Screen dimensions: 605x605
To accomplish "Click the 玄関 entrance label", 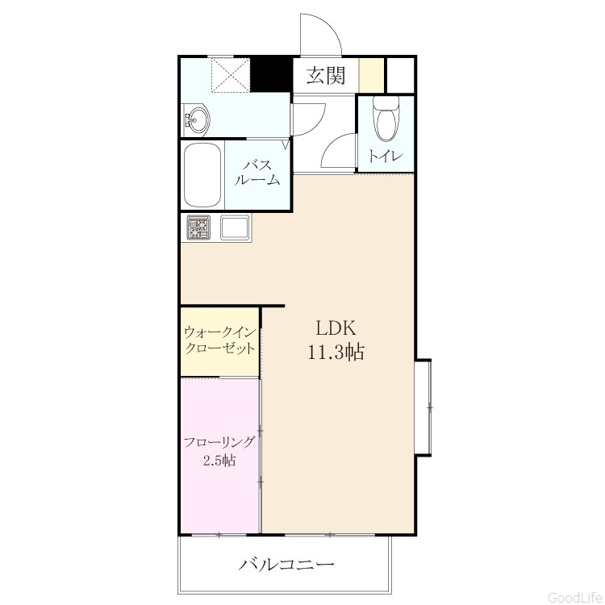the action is coord(325,76).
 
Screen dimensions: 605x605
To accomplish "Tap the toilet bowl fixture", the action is coord(386,119).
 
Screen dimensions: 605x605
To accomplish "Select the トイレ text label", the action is coord(386,156).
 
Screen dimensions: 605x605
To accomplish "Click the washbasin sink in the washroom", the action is coord(196,119).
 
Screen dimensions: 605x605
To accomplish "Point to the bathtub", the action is coord(202,176).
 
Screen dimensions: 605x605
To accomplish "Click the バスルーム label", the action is coord(257,173).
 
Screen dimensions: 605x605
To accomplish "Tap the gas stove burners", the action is coord(198,227).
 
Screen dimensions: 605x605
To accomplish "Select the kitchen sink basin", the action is coord(235,227).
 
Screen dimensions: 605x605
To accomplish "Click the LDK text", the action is coord(336,328).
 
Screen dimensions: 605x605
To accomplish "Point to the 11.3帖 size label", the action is coord(336,352).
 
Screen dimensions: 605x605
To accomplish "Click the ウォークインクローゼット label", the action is coord(220,340).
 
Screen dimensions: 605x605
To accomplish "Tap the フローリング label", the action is coord(219,442).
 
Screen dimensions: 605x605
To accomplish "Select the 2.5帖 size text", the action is coord(219,461).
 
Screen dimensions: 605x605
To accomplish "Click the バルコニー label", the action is coord(286,565).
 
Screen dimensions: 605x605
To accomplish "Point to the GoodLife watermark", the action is coord(575,597).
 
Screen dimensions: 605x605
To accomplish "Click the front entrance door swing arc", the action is coord(331,27).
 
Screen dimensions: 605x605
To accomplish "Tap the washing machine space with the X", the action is coord(231,74).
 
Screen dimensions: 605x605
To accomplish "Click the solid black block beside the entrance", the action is coord(272,74).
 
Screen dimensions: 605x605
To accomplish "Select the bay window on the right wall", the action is coord(423,408).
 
